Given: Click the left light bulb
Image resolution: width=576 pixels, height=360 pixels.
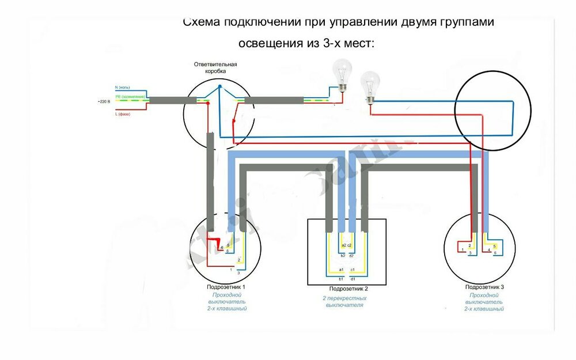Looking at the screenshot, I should pyautogui.click(x=343, y=74).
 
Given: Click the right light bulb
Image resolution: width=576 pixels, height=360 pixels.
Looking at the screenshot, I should pyautogui.click(x=369, y=86).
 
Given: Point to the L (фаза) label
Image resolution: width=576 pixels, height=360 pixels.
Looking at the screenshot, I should pyautogui.click(x=123, y=114).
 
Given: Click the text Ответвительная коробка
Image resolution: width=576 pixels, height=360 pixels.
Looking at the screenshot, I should pyautogui.click(x=215, y=67).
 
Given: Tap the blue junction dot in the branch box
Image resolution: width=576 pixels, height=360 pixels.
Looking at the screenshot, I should pyautogui.click(x=219, y=88).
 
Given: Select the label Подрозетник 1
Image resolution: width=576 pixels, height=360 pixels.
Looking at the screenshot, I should pyautogui.click(x=226, y=287).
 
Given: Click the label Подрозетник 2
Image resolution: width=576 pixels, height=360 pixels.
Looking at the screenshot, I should pyautogui.click(x=348, y=289).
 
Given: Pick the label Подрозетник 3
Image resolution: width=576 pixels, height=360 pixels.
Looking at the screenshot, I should pyautogui.click(x=484, y=287).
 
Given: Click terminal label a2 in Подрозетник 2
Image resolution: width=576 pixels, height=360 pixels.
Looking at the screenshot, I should pyautogui.click(x=343, y=245).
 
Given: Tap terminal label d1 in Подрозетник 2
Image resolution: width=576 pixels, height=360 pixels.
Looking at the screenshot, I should pyautogui.click(x=352, y=279).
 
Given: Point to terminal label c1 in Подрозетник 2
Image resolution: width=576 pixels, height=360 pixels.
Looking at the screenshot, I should pyautogui.click(x=352, y=270).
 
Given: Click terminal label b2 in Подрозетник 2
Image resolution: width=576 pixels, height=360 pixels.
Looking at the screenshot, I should pyautogui.click(x=343, y=255).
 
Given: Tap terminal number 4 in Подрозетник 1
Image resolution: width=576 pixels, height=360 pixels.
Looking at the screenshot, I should pyautogui.click(x=222, y=248).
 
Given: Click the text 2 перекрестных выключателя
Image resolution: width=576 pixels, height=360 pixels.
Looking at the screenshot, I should pyautogui.click(x=344, y=302).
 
